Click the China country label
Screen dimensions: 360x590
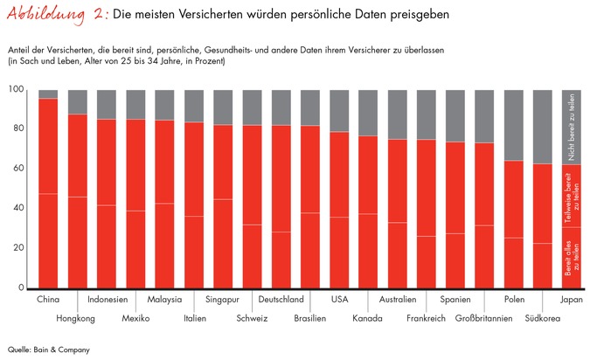click(48, 300)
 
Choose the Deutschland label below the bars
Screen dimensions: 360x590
click(281, 300)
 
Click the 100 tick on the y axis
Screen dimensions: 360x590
click(17, 90)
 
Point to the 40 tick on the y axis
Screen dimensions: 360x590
click(18, 209)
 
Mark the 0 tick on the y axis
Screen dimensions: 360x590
click(22, 288)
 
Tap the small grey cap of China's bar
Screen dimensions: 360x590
click(48, 93)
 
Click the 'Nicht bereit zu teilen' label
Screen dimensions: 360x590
click(573, 127)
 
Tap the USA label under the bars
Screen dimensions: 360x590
click(339, 300)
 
